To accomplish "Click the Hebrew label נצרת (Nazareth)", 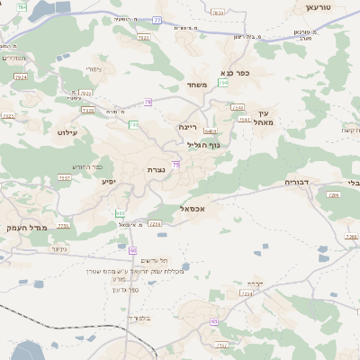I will point(155,169).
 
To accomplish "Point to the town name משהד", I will point(198,85).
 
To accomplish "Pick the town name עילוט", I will point(68,132).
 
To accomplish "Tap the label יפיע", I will point(108,182).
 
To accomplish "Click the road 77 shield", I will point(158,19).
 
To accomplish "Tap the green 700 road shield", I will point(133,124).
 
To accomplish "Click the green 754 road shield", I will point(222,83).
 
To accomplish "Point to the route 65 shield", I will point(214,321).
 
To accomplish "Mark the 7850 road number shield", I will point(218,13).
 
